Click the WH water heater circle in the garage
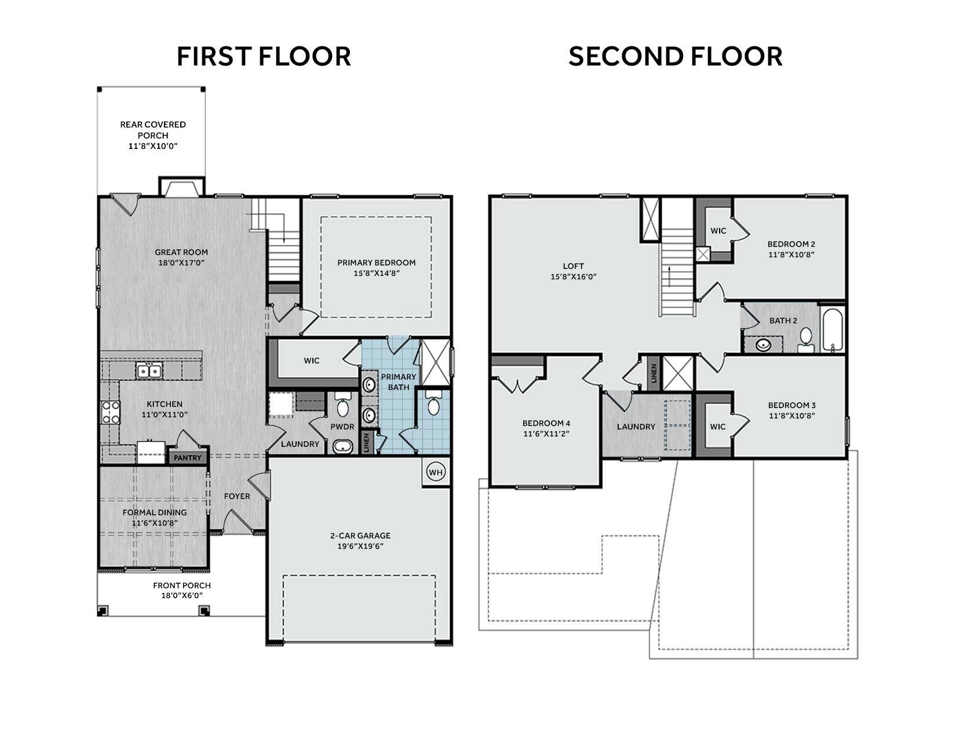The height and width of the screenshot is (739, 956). coord(435,472)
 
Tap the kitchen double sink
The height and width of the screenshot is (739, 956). coord(149,370)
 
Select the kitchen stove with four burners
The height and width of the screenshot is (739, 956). coord(111,412)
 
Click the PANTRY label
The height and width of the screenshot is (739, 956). coord(187,458)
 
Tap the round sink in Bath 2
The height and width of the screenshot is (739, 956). coord(763,345)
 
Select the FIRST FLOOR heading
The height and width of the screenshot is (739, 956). coord(264,56)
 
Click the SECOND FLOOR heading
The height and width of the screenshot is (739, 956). coord(676,56)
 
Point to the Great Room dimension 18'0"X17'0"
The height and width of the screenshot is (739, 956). coord(181,263)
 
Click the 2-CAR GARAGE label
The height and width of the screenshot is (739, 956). coord(360,536)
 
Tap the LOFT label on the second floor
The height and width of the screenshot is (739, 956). coord(573,266)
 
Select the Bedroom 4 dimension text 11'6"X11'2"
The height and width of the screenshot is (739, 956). coord(546,434)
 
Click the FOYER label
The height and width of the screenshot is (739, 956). coord(237,497)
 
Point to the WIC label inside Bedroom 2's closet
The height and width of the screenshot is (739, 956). coord(718,231)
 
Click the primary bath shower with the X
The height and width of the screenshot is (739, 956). coord(435,362)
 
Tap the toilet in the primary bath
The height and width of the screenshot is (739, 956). coord(434,402)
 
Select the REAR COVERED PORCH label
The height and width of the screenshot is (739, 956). coord(152,130)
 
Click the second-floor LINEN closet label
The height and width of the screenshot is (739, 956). coord(654,372)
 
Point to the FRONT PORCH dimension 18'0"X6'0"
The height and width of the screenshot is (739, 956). coord(182,596)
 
